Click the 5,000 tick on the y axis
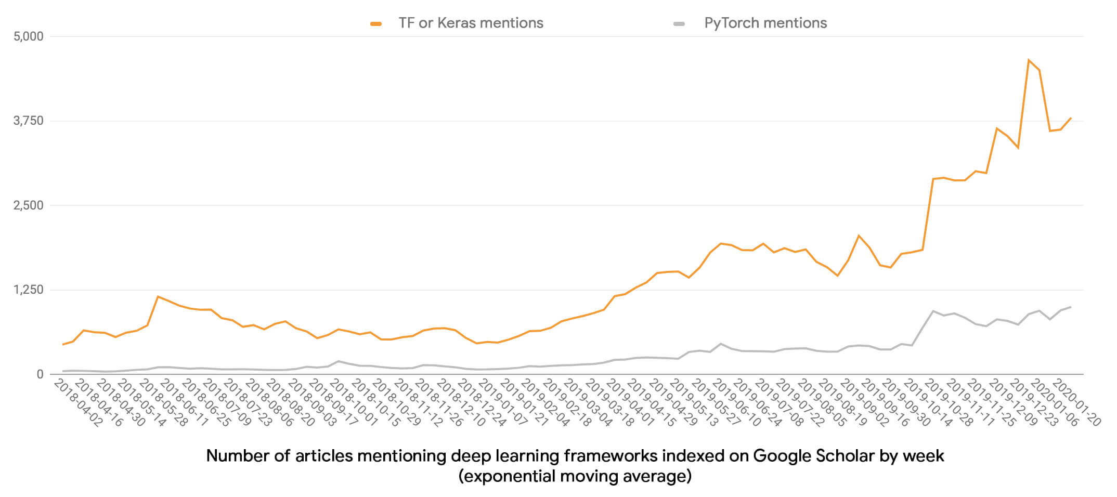pyautogui.click(x=29, y=36)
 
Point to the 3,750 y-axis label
pyautogui.click(x=29, y=121)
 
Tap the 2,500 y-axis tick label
pyautogui.click(x=29, y=205)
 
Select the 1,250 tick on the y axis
pyautogui.click(x=29, y=290)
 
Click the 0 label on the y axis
pyautogui.click(x=40, y=374)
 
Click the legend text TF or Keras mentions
pyautogui.click(x=471, y=23)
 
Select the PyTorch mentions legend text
pyautogui.click(x=765, y=23)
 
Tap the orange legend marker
pyautogui.click(x=376, y=24)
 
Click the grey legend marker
pyautogui.click(x=679, y=24)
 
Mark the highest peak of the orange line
pyautogui.click(x=1029, y=60)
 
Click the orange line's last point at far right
pyautogui.click(x=1071, y=118)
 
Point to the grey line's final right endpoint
pyautogui.click(x=1071, y=307)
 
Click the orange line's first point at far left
pyautogui.click(x=63, y=344)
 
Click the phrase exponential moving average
pyautogui.click(x=575, y=476)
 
